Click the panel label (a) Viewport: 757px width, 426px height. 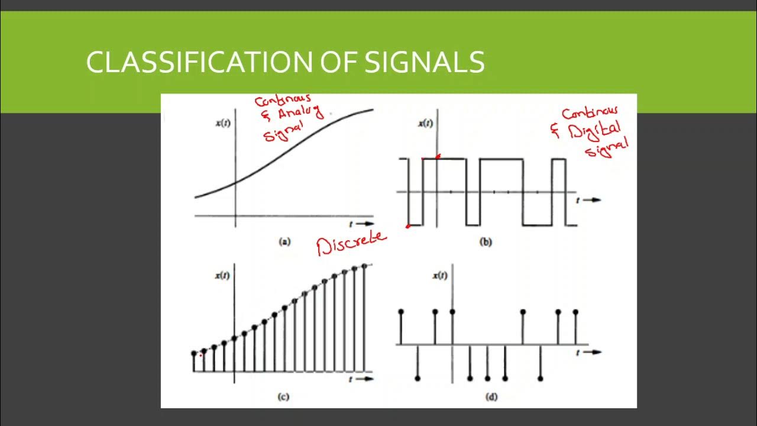tap(284, 241)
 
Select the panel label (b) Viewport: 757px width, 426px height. tap(486, 241)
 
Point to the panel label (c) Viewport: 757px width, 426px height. tap(283, 397)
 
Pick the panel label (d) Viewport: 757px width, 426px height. tap(491, 397)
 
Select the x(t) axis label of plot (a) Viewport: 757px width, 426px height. tap(222, 124)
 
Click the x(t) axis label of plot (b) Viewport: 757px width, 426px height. tap(425, 124)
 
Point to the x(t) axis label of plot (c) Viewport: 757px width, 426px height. tap(222, 276)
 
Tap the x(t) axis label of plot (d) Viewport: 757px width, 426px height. tap(440, 276)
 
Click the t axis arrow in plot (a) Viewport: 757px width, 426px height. tap(362, 224)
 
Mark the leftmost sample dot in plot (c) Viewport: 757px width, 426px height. tap(194, 354)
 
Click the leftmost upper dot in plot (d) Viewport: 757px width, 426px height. tap(402, 311)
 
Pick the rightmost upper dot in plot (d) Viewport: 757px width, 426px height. tap(575, 311)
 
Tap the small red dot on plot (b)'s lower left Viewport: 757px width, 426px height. tap(407, 225)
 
